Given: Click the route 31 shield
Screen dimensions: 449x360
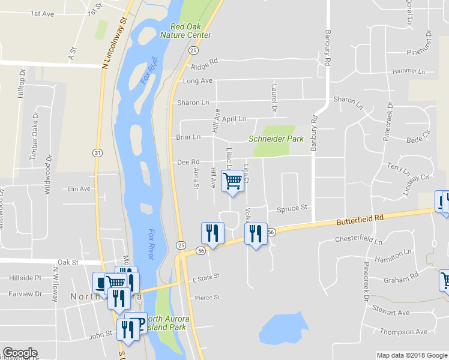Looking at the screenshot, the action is point(97,153).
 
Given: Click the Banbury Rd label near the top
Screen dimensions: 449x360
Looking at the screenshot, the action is point(328,47).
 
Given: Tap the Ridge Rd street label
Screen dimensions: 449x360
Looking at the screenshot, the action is point(204,65).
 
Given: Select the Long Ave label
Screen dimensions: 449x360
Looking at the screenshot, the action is point(197,81).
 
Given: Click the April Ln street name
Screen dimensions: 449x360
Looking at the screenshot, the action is point(234,119).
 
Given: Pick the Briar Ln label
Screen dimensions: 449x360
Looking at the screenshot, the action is point(188,137).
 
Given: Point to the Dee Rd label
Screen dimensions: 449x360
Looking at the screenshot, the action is point(188,162).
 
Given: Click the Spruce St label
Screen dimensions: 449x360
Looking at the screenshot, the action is point(292,209).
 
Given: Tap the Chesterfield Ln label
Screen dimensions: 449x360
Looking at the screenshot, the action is point(358,241).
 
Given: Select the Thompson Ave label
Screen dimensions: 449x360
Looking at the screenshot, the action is point(403,332).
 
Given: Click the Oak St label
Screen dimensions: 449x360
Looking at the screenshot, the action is point(68,262).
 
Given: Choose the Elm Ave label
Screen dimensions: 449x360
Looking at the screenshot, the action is point(79,188).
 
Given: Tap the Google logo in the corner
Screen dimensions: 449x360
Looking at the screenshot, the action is point(20,353).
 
